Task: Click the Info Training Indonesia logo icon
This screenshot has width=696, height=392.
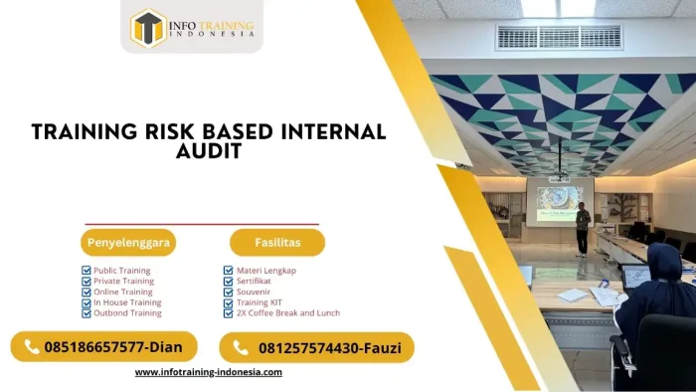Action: pos(148,28)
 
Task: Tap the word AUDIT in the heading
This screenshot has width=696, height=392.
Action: pos(208,152)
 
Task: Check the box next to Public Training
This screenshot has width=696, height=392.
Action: pos(87,271)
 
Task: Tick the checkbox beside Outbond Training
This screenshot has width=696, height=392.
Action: pos(87,312)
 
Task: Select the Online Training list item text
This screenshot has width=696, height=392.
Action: pos(123,292)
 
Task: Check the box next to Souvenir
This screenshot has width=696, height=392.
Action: pos(229,292)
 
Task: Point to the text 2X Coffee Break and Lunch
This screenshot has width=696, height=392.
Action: pos(287,312)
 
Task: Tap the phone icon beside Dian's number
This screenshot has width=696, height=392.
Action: pos(32,347)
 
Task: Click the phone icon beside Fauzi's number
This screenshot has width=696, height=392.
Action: pos(240,347)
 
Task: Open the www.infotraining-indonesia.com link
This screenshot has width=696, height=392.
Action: pos(209,372)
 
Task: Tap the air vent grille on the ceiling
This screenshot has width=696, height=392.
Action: pos(559,38)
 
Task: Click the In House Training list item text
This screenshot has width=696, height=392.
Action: pos(127,302)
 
